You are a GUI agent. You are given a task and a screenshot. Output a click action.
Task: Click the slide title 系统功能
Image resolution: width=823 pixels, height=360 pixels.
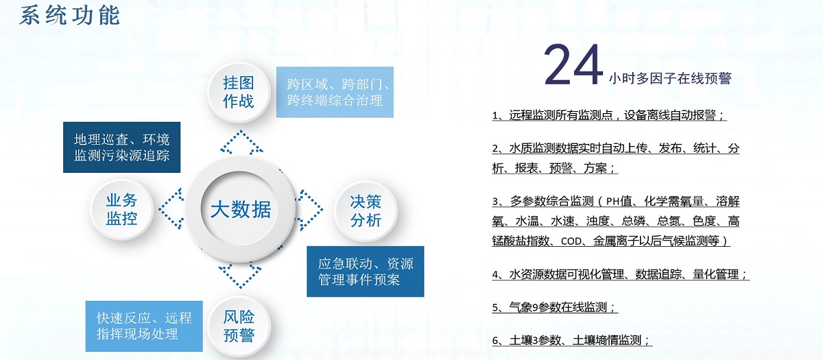[x=69, y=16]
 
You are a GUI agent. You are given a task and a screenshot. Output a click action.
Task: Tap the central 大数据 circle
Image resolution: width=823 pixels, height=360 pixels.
[x=240, y=209]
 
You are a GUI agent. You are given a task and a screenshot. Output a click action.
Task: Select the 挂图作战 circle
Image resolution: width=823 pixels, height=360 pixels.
[x=239, y=92]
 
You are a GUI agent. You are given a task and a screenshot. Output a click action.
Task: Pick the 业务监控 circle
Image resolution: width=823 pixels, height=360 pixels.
[x=121, y=209]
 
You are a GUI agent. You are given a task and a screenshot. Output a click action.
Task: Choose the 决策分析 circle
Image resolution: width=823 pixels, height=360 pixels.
[x=366, y=211]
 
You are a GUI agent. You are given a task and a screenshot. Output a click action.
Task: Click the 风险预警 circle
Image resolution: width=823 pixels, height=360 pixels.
[x=239, y=326]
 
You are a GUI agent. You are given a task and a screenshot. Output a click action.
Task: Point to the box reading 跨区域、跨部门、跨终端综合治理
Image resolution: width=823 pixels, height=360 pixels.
[x=335, y=92]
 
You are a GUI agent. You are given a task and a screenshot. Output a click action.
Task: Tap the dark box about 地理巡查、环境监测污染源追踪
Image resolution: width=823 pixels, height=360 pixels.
[x=121, y=147]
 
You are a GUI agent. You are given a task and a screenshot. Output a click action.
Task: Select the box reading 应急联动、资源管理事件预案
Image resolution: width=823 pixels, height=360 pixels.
[x=365, y=272]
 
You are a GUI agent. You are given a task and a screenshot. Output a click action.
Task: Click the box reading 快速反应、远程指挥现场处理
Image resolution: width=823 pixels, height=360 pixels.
[x=144, y=326]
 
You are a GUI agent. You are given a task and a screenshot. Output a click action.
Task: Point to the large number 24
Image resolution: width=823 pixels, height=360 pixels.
[x=573, y=64]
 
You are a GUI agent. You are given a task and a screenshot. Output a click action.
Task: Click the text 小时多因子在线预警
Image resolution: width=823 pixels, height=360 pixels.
[x=670, y=78]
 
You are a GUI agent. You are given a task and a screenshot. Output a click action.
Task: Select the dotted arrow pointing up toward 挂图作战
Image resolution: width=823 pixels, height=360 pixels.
[x=241, y=142]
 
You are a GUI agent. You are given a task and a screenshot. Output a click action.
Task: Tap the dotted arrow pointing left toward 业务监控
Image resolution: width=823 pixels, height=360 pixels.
[x=171, y=208]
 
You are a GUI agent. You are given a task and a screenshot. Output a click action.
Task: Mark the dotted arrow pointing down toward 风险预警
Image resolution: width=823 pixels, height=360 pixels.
[x=240, y=276]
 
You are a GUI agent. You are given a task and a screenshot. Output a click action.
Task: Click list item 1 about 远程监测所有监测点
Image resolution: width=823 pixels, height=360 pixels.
[x=609, y=115]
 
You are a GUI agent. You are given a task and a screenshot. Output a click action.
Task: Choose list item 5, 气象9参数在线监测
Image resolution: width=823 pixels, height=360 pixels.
[x=555, y=307]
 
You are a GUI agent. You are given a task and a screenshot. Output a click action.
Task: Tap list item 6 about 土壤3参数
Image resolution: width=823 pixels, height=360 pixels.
[x=572, y=340]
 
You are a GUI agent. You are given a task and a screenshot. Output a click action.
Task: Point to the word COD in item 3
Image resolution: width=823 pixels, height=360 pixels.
[x=572, y=241]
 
